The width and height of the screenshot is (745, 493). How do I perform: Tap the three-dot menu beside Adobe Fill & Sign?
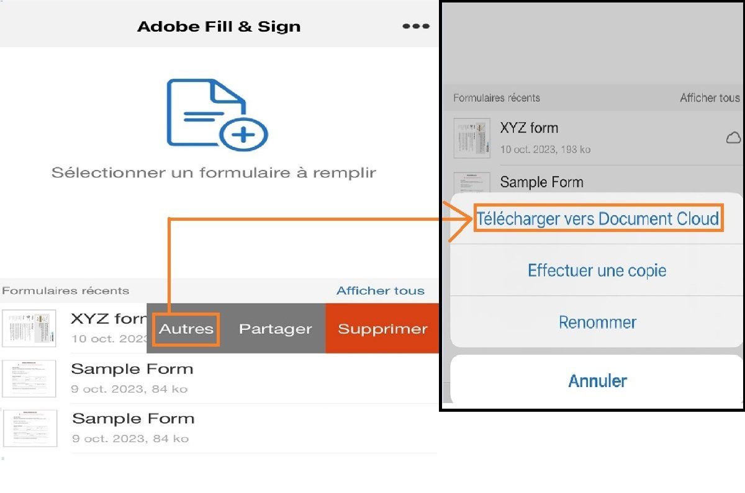[415, 26]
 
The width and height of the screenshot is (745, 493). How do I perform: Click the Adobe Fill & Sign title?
[219, 27]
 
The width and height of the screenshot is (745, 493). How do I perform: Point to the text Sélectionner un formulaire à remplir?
[214, 172]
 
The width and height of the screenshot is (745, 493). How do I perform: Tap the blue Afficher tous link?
[380, 291]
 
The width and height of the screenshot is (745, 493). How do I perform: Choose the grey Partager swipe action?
[275, 329]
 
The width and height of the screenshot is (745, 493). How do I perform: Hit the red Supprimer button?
[382, 329]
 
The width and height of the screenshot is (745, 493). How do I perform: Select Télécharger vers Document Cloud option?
[598, 218]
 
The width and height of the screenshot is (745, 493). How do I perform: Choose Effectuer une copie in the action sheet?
[597, 270]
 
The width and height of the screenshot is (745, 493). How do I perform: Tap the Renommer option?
[597, 322]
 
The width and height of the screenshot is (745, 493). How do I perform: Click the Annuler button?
[597, 380]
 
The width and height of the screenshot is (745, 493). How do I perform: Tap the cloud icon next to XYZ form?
[733, 138]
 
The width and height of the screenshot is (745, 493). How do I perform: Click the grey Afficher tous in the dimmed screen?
[710, 98]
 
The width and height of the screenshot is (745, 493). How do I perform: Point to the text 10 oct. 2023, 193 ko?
[545, 149]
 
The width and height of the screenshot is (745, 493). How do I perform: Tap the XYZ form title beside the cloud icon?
[529, 128]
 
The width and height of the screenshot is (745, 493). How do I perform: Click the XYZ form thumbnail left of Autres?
[29, 328]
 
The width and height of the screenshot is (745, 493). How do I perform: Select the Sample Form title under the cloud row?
[541, 182]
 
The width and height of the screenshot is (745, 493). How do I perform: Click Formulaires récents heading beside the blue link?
[66, 291]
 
